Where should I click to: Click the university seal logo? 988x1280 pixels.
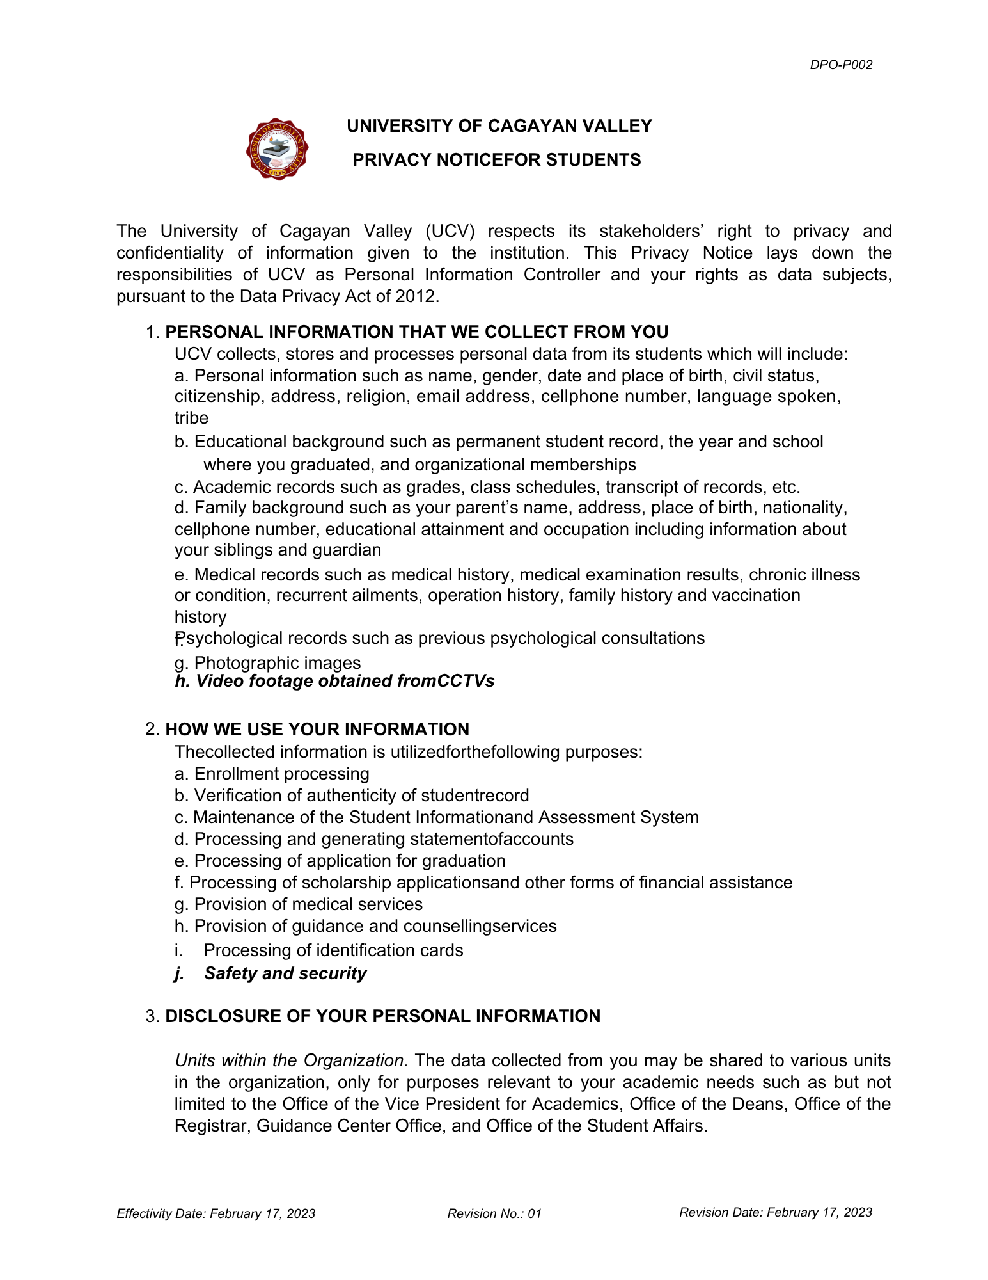(x=277, y=148)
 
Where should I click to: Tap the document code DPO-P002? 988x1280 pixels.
(x=840, y=65)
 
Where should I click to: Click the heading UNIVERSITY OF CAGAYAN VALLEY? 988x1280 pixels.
(x=499, y=126)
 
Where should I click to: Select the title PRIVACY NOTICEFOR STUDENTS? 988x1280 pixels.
(x=496, y=160)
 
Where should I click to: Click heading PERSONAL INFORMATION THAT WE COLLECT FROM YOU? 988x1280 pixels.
(x=416, y=332)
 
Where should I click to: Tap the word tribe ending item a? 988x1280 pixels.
(x=191, y=418)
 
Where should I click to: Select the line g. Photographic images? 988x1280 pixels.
(x=267, y=662)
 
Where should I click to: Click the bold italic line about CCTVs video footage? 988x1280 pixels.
(x=334, y=681)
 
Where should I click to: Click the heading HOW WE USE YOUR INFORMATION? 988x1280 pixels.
(x=317, y=730)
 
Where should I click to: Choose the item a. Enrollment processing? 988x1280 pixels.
(x=272, y=774)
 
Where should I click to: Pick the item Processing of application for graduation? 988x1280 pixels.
(x=340, y=861)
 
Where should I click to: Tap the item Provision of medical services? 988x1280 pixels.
(x=298, y=904)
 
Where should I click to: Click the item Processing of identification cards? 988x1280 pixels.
(x=333, y=950)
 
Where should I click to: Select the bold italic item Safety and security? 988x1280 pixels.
(x=285, y=973)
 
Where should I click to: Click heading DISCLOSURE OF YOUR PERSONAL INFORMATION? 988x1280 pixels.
(x=382, y=1016)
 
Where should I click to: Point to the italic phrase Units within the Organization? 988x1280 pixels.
(x=291, y=1060)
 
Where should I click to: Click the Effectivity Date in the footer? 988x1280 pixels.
(x=216, y=1213)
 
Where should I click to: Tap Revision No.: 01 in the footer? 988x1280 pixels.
(x=494, y=1213)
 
